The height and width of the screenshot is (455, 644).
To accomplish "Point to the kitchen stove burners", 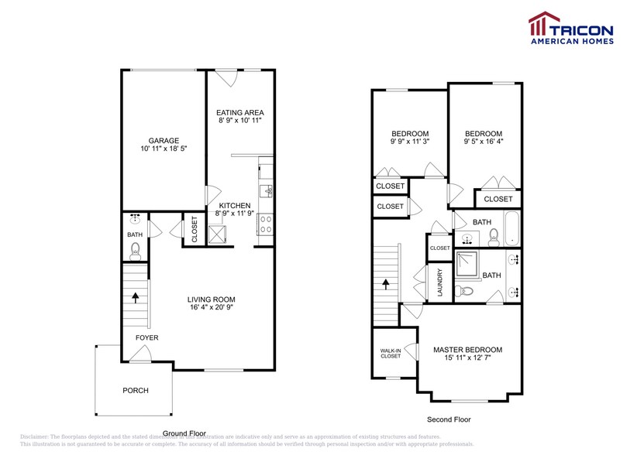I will (x=266, y=224).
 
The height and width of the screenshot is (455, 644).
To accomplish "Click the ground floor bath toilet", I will (x=135, y=249).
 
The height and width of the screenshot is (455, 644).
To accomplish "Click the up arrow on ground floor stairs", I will (x=136, y=296).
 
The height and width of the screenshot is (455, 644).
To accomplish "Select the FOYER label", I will (x=147, y=337).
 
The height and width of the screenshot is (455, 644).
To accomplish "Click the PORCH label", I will (x=135, y=390).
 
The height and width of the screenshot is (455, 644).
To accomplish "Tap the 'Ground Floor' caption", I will (x=184, y=433).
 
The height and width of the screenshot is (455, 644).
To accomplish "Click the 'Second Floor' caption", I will (x=449, y=419).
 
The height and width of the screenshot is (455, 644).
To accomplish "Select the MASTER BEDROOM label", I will (x=467, y=350).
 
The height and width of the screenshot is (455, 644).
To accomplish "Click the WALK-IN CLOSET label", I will (x=390, y=354).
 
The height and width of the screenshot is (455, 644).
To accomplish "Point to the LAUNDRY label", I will (x=439, y=282).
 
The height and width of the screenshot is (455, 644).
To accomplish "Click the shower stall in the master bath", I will (x=467, y=265).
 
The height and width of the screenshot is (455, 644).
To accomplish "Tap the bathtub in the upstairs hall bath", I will (x=511, y=227).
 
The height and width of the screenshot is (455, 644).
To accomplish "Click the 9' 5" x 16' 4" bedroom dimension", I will (x=483, y=142).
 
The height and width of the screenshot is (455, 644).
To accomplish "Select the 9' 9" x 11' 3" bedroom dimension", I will (x=410, y=142).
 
